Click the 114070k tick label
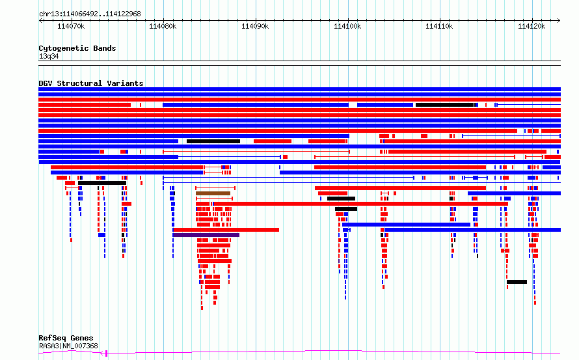(x=71, y=26)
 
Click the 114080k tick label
(x=163, y=26)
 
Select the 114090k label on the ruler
(x=255, y=26)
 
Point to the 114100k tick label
(x=347, y=26)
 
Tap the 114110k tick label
(x=439, y=26)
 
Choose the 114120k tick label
(x=532, y=26)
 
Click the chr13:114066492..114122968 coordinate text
(x=90, y=14)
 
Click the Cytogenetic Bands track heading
(x=77, y=48)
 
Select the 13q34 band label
(x=49, y=56)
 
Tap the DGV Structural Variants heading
(x=91, y=83)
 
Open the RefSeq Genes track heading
(x=66, y=338)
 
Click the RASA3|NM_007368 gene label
(x=68, y=346)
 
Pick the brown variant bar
(x=213, y=193)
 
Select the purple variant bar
(x=206, y=235)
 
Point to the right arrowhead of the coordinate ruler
(x=559, y=21)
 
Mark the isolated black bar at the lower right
(x=517, y=282)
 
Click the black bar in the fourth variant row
(x=444, y=105)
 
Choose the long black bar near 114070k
(x=102, y=183)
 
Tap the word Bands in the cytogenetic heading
(x=105, y=48)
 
